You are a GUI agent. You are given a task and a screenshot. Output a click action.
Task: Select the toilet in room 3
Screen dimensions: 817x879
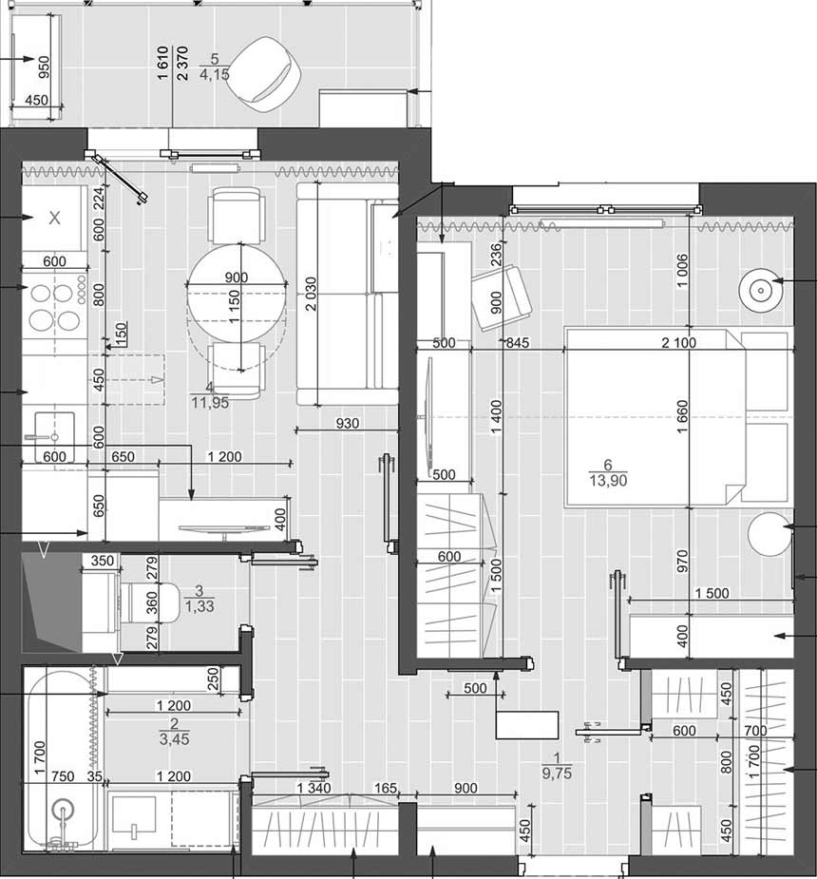[149, 602]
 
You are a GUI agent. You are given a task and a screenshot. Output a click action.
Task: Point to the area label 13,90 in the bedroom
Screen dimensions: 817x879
[608, 481]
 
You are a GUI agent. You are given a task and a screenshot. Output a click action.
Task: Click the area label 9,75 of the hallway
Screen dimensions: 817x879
[557, 774]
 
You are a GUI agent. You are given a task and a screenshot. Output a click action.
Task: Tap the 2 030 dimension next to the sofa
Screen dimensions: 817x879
[311, 294]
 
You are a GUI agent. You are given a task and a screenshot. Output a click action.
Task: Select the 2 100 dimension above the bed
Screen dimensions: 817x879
[678, 342]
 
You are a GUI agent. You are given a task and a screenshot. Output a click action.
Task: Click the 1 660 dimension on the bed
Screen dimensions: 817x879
[682, 416]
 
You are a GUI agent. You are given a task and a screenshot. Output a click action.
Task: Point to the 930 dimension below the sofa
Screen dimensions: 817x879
[348, 423]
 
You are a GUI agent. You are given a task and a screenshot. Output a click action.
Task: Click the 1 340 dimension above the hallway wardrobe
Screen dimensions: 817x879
[313, 788]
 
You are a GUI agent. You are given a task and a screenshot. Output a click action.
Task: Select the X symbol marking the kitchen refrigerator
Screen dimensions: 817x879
[54, 218]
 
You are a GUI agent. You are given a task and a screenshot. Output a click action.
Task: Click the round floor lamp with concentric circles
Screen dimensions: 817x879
[760, 291]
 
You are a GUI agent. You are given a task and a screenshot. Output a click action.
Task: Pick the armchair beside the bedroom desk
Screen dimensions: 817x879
[503, 297]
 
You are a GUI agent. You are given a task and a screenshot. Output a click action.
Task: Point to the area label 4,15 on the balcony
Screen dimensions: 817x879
[214, 74]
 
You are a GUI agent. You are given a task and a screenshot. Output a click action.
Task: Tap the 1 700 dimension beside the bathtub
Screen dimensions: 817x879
[39, 758]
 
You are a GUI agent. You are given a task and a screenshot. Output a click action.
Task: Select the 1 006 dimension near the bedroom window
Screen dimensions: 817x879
[682, 271]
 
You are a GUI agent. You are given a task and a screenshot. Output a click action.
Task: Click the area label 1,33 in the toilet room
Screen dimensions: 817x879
[199, 606]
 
